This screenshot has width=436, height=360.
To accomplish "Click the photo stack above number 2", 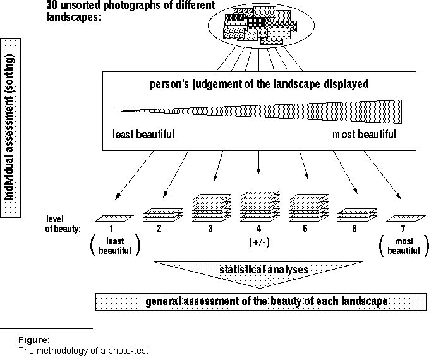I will pyautogui.click(x=163, y=215).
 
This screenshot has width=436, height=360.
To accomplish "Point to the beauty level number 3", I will pyautogui.click(x=209, y=229).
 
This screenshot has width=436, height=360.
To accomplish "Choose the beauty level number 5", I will pyautogui.click(x=305, y=229).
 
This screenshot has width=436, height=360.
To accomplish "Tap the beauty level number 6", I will pyautogui.click(x=354, y=229).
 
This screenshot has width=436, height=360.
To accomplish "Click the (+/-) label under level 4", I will pyautogui.click(x=258, y=242).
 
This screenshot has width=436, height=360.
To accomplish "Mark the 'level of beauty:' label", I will pyautogui.click(x=63, y=224).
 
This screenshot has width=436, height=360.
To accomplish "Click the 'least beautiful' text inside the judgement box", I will pyautogui.click(x=143, y=135).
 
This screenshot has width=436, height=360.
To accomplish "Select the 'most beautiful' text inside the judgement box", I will pyautogui.click(x=365, y=135).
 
